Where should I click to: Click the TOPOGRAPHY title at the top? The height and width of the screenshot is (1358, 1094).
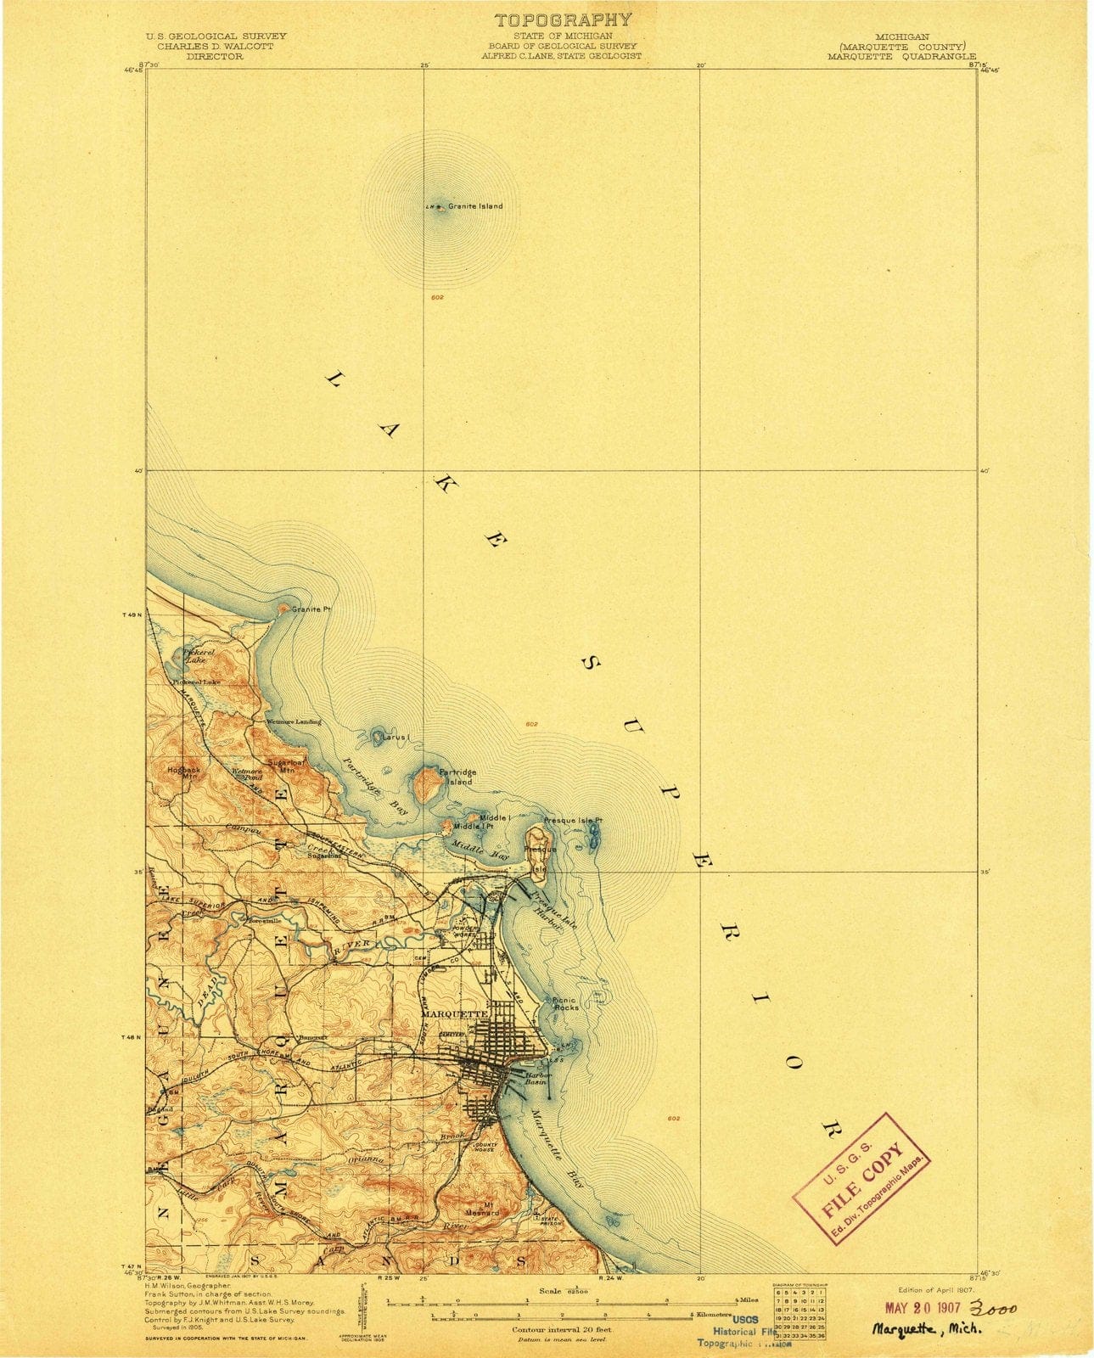click(563, 20)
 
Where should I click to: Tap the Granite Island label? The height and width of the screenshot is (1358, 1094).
click(475, 206)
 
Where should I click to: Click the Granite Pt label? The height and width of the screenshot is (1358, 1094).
click(310, 609)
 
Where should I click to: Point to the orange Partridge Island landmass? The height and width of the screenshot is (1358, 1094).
click(424, 784)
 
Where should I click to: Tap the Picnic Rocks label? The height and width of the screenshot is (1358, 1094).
click(565, 1004)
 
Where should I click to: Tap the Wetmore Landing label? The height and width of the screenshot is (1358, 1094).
click(294, 721)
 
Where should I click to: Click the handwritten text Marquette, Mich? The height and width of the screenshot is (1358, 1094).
click(927, 1330)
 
